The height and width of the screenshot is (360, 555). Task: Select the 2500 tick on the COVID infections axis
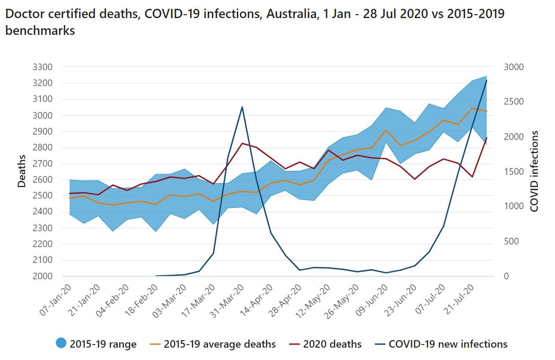(x=514, y=102)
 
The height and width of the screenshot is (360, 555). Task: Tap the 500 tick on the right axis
(x=516, y=241)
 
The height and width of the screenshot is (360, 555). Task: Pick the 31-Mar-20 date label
(x=227, y=300)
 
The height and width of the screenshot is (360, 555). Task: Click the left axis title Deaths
(x=22, y=172)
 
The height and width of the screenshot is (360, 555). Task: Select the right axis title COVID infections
(x=535, y=171)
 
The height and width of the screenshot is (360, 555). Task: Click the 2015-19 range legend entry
(x=103, y=344)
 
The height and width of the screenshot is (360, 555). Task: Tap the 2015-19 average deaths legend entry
(x=219, y=344)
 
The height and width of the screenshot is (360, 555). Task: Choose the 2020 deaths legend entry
(x=332, y=344)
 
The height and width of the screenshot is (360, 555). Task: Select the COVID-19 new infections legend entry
(x=448, y=344)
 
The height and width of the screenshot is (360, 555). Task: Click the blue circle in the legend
(x=61, y=344)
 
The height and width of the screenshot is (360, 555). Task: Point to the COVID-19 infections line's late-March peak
(x=242, y=107)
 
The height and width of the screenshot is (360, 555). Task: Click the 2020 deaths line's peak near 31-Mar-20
(x=242, y=143)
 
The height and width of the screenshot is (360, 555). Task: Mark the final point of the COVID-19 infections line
(x=487, y=81)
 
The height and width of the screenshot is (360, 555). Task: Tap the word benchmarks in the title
(x=40, y=31)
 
